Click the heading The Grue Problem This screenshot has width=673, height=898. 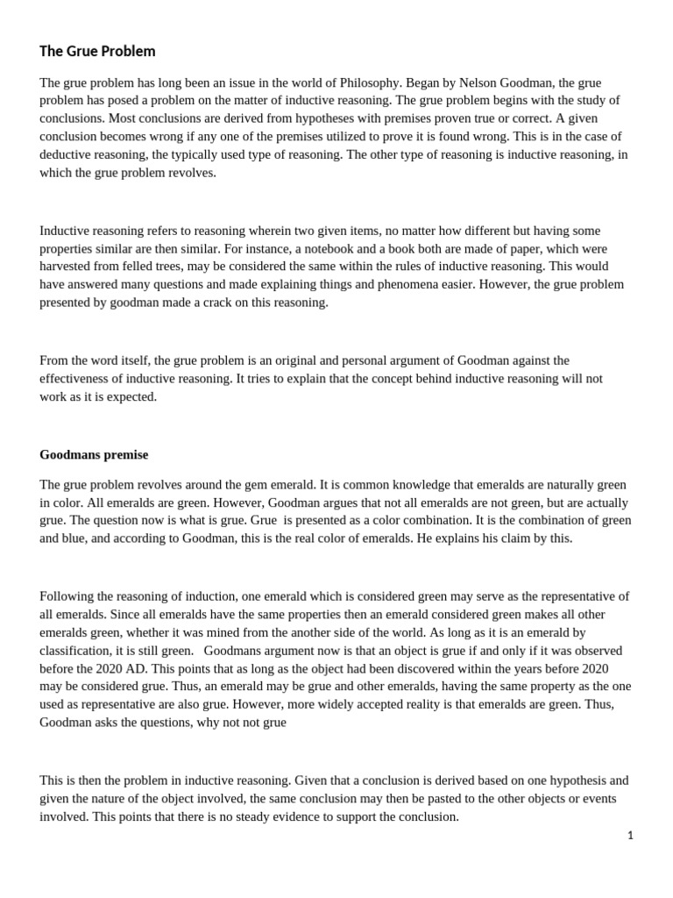click(97, 51)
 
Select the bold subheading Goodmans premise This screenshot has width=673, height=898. click(94, 454)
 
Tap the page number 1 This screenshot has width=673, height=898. click(630, 835)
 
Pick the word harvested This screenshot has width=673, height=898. click(67, 266)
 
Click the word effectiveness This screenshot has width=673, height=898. click(77, 378)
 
